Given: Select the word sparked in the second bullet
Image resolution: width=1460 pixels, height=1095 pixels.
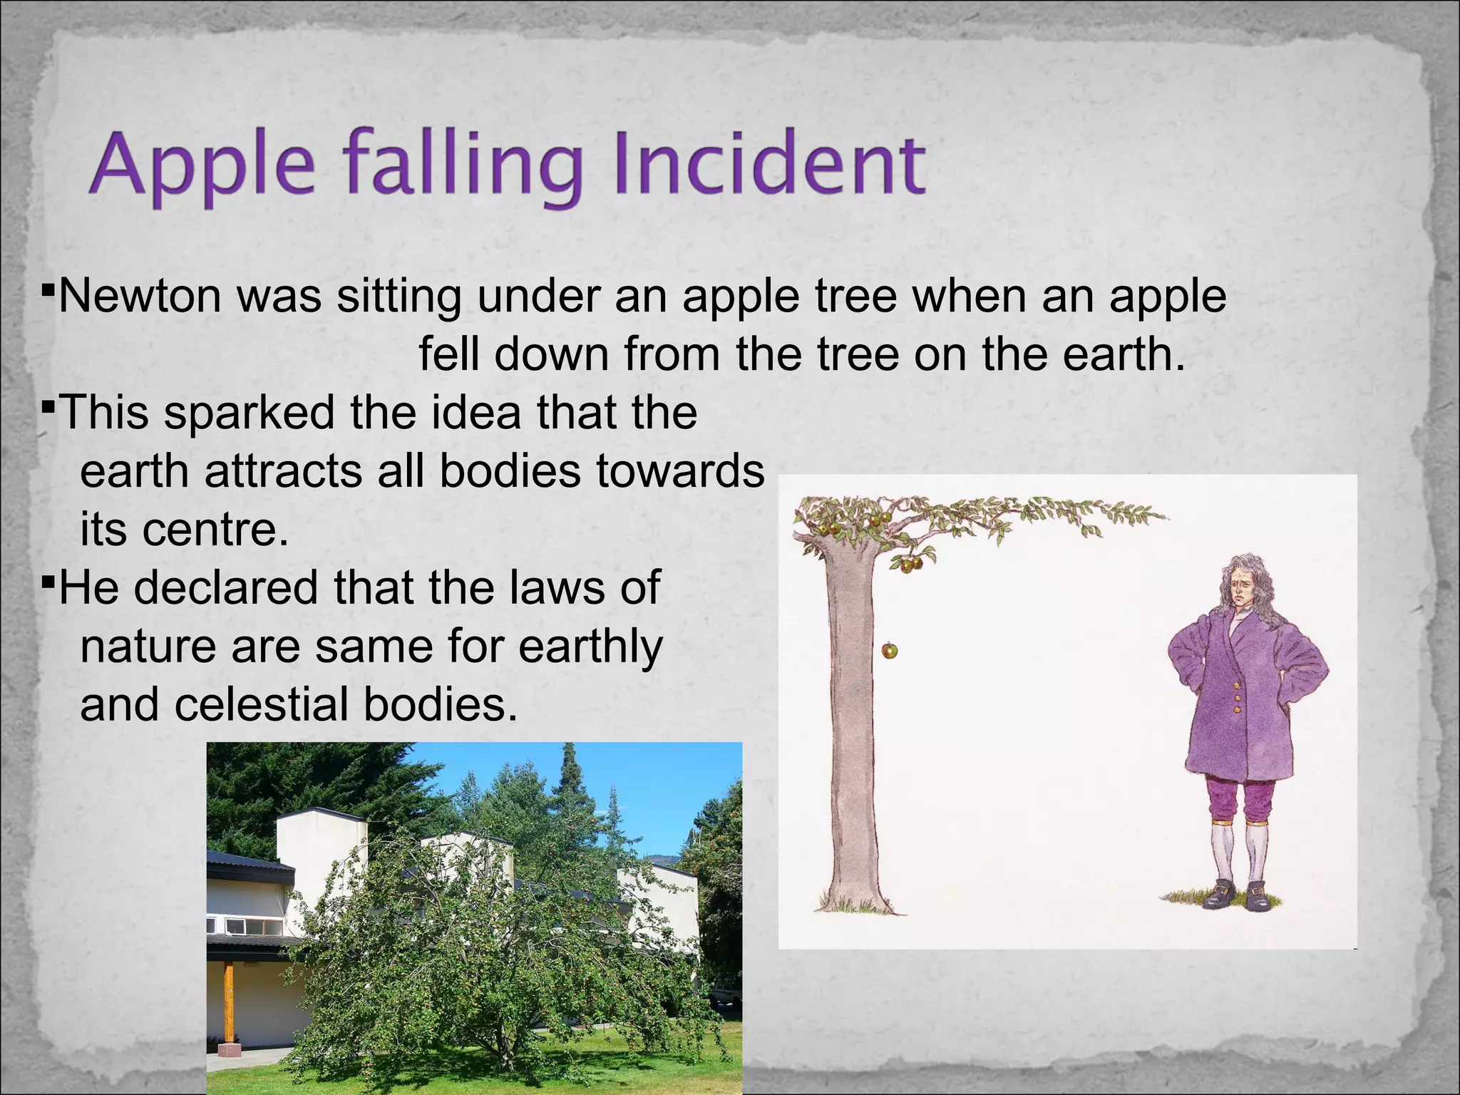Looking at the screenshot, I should (x=250, y=413).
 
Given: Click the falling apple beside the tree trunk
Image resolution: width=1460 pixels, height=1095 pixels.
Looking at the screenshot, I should (x=889, y=650).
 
